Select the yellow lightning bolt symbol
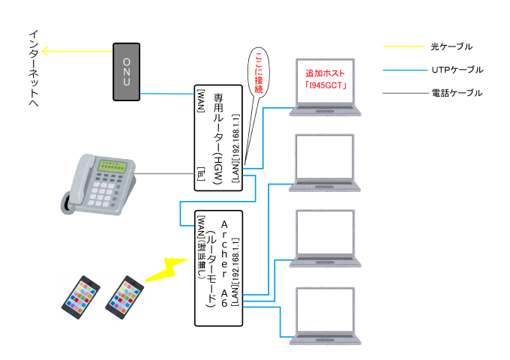click(x=167, y=269)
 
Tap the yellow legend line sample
click(x=403, y=46)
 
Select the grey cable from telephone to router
click(x=164, y=173)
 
